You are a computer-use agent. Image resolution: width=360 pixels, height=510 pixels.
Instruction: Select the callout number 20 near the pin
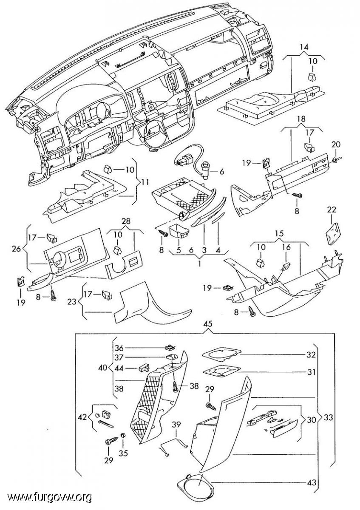[x=336, y=144]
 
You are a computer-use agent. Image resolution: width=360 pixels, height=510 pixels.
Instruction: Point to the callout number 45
[x=208, y=324]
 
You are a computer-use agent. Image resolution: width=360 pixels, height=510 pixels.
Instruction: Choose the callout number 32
[x=312, y=354]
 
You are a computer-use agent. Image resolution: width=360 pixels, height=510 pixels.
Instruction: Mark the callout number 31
[x=312, y=372]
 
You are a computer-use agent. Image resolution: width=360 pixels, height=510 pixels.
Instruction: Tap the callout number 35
[x=123, y=453]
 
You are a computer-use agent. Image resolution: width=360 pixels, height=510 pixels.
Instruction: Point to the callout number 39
[x=176, y=425]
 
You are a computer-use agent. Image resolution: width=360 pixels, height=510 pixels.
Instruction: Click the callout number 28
[x=126, y=221]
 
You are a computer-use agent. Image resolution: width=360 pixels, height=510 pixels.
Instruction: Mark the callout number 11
[x=145, y=183]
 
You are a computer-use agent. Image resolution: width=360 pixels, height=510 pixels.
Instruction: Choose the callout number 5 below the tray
[x=179, y=250]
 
